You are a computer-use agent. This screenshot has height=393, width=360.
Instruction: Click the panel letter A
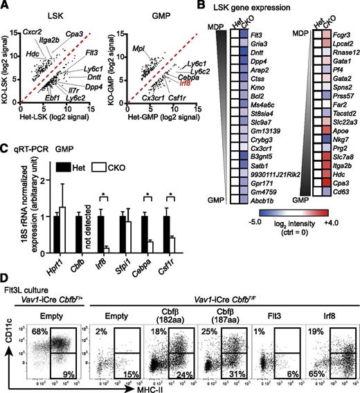click(x=6, y=6)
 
